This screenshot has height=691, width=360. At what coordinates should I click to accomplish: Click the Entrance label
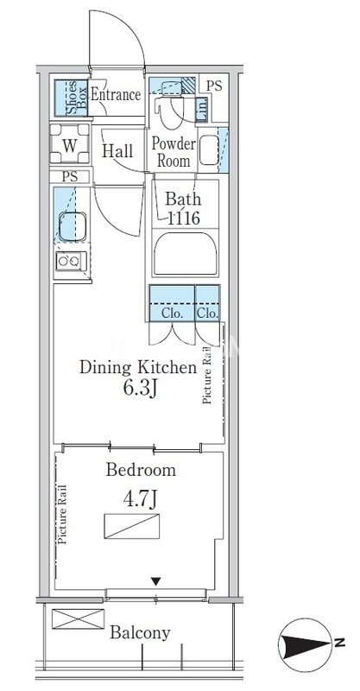(116, 95)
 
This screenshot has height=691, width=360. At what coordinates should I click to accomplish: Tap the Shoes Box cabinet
(72, 98)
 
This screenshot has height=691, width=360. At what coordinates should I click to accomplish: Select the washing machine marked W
(70, 143)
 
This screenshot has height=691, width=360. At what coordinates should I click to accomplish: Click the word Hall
(117, 150)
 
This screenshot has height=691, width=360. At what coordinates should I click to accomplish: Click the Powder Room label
(174, 152)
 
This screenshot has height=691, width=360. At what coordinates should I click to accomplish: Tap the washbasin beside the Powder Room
(209, 149)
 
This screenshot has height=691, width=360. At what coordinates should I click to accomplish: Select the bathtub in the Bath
(186, 254)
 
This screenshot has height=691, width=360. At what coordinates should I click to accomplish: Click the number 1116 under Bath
(183, 218)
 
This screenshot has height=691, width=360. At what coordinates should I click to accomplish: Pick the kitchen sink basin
(73, 226)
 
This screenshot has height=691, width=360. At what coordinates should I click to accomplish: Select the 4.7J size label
(140, 499)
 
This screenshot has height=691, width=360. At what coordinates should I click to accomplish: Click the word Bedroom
(141, 470)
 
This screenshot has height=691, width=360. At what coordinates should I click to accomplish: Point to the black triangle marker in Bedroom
(155, 581)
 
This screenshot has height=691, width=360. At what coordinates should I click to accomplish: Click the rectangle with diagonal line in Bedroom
(132, 526)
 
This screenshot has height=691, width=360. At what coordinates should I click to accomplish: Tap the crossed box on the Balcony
(78, 618)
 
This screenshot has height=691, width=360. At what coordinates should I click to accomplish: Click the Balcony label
(140, 633)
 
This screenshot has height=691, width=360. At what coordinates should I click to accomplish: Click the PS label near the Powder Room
(215, 86)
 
